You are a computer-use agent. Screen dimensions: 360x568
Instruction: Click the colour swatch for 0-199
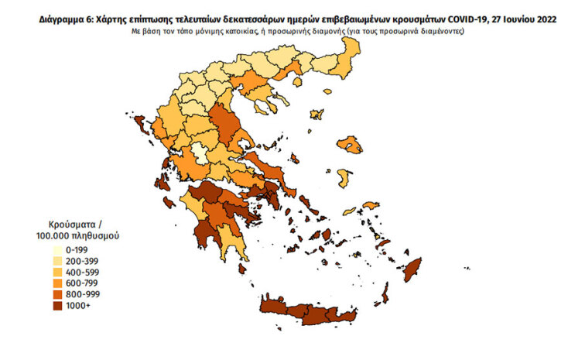[59, 250]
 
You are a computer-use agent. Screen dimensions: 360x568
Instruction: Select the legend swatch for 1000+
[59, 306]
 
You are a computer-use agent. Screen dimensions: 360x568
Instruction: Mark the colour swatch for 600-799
[59, 284]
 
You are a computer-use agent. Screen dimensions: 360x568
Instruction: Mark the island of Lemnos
[317, 112]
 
